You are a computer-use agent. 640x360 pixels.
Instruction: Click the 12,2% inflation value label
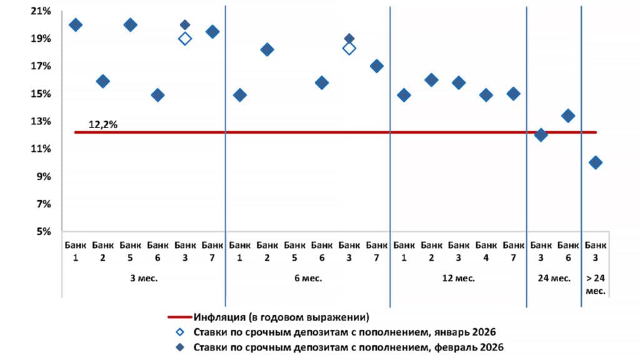[103, 124]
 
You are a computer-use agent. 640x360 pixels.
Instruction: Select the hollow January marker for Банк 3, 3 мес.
[185, 39]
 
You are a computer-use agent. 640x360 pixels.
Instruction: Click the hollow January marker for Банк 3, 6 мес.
[349, 48]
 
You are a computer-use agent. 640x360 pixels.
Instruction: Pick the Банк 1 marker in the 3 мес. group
[76, 25]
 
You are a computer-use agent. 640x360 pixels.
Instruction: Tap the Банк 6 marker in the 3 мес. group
[157, 95]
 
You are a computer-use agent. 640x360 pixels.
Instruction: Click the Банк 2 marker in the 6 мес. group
[267, 50]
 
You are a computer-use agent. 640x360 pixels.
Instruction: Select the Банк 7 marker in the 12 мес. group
[513, 94]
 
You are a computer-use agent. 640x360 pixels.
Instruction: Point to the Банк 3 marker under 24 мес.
[541, 135]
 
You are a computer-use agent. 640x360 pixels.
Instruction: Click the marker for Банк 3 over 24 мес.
[596, 162]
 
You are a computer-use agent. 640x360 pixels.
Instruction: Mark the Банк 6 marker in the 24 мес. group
[568, 116]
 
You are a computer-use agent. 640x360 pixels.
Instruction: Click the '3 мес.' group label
[144, 279]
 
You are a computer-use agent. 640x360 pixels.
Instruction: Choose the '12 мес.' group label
[459, 279]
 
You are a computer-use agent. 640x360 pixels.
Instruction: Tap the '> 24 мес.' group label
[596, 284]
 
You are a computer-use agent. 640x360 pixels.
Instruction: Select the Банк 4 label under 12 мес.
[486, 251]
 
